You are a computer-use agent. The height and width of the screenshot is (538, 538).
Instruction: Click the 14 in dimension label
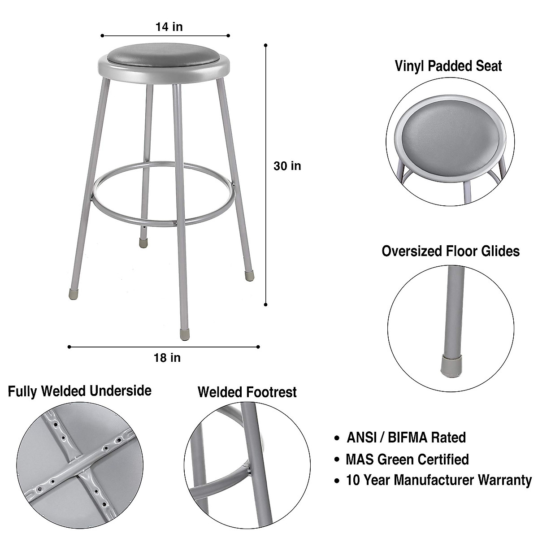coord(169,27)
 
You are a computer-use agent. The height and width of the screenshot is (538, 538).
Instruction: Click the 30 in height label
coord(287,166)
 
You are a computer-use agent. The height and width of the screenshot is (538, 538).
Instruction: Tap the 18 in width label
coord(167,358)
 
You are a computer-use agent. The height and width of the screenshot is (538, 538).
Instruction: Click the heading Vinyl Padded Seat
coord(448,66)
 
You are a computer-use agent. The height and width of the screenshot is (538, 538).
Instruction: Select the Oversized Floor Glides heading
coord(451,251)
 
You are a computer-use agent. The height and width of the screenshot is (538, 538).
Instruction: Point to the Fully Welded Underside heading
coord(80,391)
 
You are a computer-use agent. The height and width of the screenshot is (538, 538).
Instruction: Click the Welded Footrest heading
coord(247,392)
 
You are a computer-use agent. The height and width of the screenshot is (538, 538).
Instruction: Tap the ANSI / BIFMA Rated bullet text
coord(406,437)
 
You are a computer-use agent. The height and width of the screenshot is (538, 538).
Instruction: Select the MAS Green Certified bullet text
coord(407,459)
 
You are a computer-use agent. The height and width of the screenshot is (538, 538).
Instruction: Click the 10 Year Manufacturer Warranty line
coord(439,481)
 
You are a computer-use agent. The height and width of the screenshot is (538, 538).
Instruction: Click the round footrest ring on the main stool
coord(164,221)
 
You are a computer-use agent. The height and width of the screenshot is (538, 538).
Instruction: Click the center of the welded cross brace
coord(83,469)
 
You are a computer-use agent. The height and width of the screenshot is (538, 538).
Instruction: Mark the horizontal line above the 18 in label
coord(164,347)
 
